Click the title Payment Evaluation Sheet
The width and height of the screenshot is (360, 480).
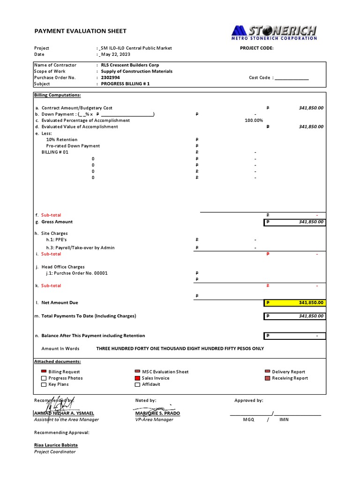(x=80, y=31)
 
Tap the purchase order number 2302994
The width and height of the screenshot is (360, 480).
(x=111, y=78)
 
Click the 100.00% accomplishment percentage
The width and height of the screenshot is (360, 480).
(x=254, y=120)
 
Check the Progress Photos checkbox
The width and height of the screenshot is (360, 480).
(x=44, y=378)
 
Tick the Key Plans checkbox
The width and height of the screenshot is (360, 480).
(x=44, y=384)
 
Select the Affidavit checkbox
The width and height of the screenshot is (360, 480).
(x=137, y=384)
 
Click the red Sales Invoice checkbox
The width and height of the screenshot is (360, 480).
(x=137, y=378)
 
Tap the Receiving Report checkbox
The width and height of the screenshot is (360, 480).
(x=267, y=378)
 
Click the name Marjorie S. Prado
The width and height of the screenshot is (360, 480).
(x=157, y=413)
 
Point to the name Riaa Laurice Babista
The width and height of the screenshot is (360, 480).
(x=56, y=445)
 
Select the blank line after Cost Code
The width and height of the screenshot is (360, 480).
(x=292, y=78)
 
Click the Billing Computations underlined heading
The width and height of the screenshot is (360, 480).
(x=57, y=95)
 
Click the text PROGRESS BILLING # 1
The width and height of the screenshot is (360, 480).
(x=125, y=84)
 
